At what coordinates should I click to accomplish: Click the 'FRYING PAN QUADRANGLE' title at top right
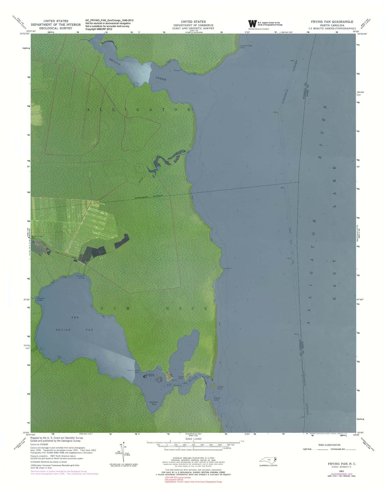coord(332,22)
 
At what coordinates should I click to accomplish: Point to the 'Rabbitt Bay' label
coord(153,403)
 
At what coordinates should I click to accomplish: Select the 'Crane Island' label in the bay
coord(151,375)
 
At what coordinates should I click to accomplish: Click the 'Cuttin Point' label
coord(220,388)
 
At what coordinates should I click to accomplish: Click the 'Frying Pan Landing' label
coord(81,277)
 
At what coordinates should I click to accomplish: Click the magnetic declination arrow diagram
coord(123,452)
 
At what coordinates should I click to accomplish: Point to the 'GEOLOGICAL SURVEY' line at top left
coord(56,28)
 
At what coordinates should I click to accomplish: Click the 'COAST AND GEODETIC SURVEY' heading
coord(193,28)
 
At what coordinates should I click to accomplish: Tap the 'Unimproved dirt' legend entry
coord(336,449)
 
